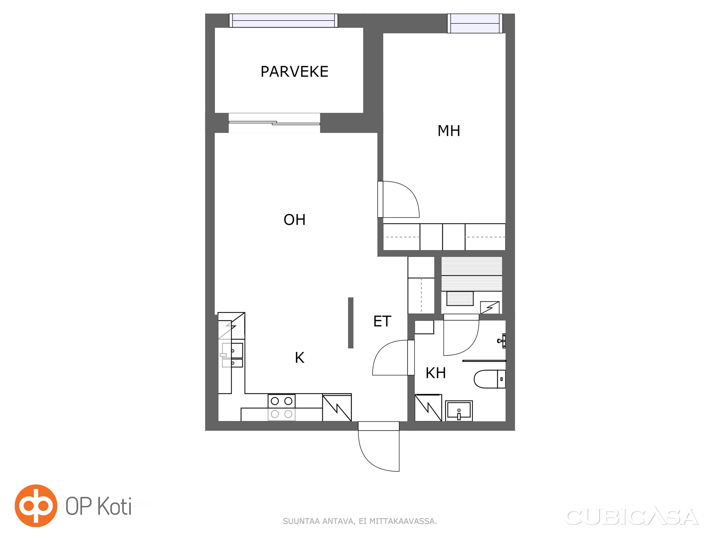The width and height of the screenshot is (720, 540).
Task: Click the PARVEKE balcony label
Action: [294, 72]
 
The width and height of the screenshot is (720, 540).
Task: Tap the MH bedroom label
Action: [449, 131]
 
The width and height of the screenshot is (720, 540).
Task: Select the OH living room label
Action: [294, 220]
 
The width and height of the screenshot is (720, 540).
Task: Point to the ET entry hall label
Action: [382, 321]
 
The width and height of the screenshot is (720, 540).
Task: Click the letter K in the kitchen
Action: [299, 358]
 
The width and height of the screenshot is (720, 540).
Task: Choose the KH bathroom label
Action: [436, 373]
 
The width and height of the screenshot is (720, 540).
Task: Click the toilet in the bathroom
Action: [489, 379]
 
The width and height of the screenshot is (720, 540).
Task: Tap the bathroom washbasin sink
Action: [459, 411]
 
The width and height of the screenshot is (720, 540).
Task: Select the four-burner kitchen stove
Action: [282, 407]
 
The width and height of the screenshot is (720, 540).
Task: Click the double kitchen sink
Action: [232, 355]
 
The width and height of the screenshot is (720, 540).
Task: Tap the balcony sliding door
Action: [274, 123]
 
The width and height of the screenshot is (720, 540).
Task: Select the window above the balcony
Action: [284, 20]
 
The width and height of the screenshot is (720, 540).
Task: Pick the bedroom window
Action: [475, 23]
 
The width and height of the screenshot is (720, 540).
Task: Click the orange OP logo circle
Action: [36, 506]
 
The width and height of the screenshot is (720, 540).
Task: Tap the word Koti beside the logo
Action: [115, 506]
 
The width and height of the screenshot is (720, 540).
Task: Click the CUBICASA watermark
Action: [632, 517]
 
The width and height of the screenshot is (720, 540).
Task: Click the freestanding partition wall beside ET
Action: [351, 323]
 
